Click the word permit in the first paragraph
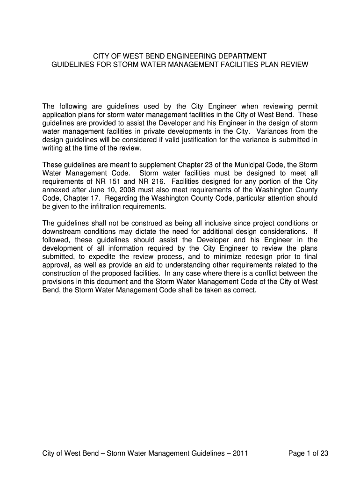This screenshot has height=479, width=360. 306,106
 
